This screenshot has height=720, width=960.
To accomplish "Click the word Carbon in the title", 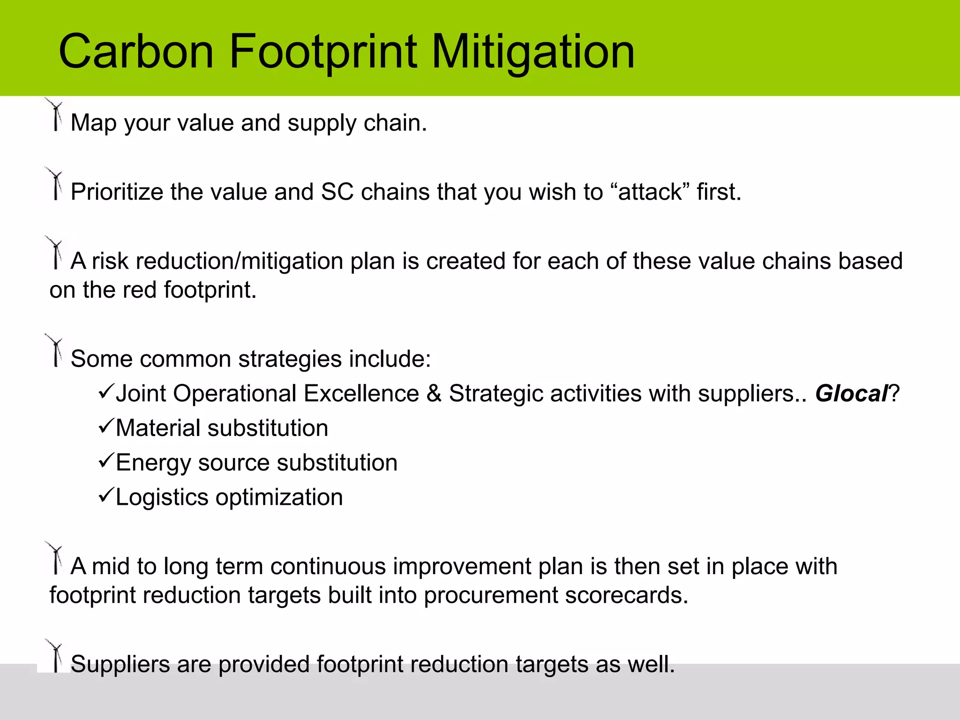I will click(136, 52).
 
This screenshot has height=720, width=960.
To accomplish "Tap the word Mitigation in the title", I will click(532, 52).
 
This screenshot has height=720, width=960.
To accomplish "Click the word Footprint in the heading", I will click(322, 52).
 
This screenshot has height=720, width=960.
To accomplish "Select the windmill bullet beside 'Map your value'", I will click(55, 115).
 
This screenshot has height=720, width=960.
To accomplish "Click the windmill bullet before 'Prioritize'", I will click(55, 184).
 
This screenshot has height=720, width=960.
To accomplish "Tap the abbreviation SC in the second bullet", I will click(337, 192).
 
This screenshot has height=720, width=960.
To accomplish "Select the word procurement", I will click(490, 595).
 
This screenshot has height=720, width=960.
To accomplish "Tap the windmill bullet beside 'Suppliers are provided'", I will click(55, 656).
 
